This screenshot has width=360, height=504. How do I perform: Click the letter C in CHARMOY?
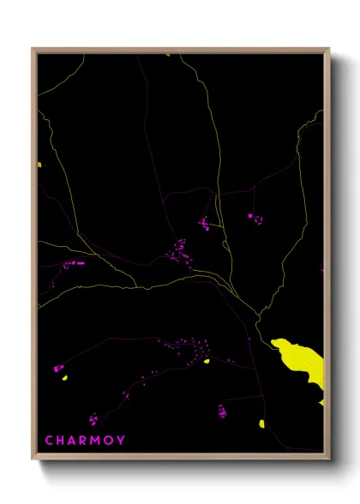click(x=49, y=441)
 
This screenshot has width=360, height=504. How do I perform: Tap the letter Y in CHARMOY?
click(x=120, y=441)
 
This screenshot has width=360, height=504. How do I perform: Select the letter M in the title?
click(x=96, y=441)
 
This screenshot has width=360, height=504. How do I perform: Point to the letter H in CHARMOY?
click(x=60, y=441)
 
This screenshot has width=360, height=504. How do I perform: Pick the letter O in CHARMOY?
click(x=108, y=441)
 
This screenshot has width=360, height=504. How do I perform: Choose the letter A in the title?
click(x=72, y=441)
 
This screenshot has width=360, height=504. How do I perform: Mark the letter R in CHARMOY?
click(x=83, y=441)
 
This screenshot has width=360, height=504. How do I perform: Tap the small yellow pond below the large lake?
click(x=261, y=423)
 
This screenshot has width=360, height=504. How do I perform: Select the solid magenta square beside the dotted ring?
click(x=250, y=217)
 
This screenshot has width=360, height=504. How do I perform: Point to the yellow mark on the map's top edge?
click(x=168, y=55)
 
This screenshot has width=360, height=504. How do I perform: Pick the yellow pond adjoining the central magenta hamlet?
click(x=207, y=361)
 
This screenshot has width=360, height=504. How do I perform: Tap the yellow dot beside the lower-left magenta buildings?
click(x=62, y=375)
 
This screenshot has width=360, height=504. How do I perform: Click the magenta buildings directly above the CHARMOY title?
click(x=93, y=418)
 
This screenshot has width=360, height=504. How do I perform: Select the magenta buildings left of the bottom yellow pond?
click(x=222, y=411)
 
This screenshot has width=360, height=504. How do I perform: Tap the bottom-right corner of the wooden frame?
click(x=328, y=458)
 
